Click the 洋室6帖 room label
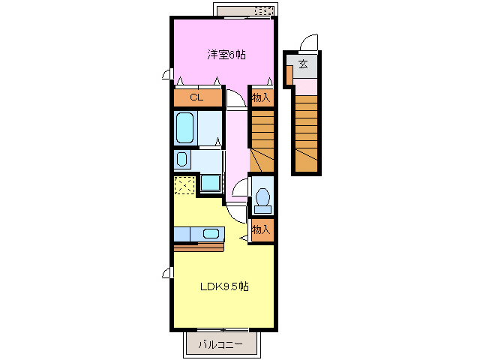226,55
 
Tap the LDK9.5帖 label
224,286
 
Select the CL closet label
196,97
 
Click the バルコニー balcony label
220,345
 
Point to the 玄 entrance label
303,64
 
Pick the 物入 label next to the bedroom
261,97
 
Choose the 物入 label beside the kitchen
261,229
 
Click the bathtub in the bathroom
185,127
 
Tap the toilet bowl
262,196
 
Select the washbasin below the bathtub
182,159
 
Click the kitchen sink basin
211,234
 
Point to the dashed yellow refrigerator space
184,185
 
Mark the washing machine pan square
211,183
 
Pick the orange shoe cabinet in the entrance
289,75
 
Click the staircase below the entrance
307,133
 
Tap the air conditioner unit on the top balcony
263,11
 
